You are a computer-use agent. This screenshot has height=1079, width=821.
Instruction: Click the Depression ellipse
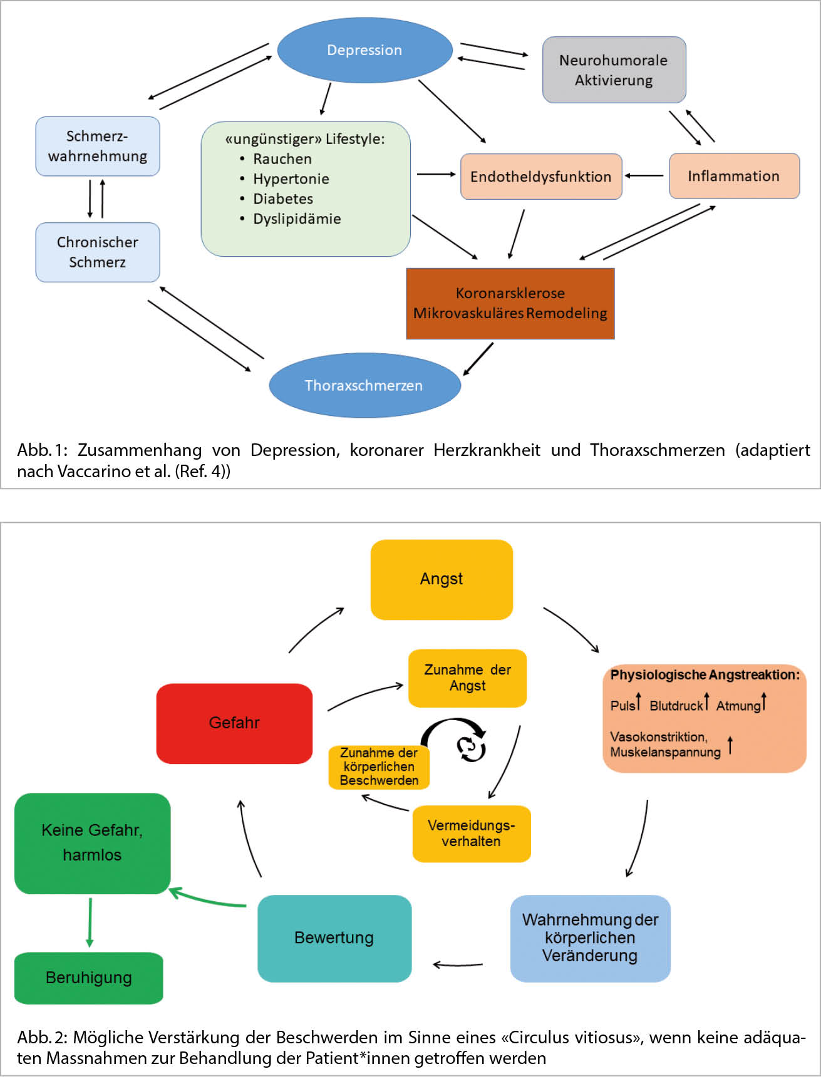pyautogui.click(x=364, y=50)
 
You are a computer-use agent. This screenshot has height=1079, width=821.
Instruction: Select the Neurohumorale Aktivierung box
pyautogui.click(x=614, y=70)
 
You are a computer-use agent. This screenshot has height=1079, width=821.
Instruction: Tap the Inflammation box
pyautogui.click(x=734, y=176)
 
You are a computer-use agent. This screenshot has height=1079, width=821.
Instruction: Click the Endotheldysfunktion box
pyautogui.click(x=541, y=177)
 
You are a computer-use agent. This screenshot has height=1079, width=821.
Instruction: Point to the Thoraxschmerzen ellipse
pyautogui.click(x=364, y=385)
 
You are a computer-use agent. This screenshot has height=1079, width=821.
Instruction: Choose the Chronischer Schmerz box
pyautogui.click(x=98, y=252)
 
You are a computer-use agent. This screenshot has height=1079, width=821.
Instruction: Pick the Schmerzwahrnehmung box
pyautogui.click(x=98, y=146)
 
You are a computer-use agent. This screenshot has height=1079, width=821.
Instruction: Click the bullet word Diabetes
pyautogui.click(x=283, y=199)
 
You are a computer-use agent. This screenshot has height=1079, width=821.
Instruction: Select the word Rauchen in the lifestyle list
pyautogui.click(x=282, y=159)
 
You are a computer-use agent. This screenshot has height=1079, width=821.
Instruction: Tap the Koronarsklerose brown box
pyautogui.click(x=510, y=304)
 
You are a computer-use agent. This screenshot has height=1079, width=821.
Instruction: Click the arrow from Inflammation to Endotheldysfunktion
pyautogui.click(x=644, y=176)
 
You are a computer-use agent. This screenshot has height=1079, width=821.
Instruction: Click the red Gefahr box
pyautogui.click(x=234, y=723)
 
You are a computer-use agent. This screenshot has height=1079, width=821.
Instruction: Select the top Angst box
pyautogui.click(x=441, y=579)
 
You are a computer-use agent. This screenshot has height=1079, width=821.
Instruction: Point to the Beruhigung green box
pyautogui.click(x=89, y=978)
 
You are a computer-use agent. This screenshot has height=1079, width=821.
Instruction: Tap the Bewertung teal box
pyautogui.click(x=334, y=938)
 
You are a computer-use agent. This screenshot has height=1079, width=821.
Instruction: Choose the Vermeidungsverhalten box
pyautogui.click(x=471, y=834)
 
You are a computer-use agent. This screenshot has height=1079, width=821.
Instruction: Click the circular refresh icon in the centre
pyautogui.click(x=471, y=748)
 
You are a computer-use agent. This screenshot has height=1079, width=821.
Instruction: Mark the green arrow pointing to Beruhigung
pyautogui.click(x=90, y=922)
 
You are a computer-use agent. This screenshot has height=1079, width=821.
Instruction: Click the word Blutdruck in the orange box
pyautogui.click(x=676, y=706)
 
